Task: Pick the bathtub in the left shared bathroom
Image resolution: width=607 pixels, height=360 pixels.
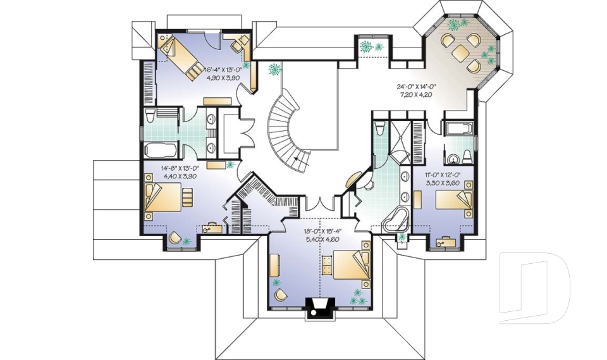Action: tap(161, 151)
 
